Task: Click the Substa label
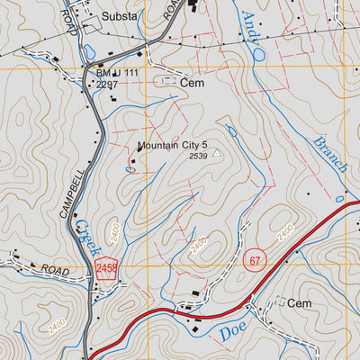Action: (120, 16)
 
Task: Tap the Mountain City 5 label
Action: (173, 145)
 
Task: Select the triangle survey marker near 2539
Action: (216, 153)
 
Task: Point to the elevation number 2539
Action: (198, 157)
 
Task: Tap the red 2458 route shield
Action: (105, 267)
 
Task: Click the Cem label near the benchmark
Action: (192, 82)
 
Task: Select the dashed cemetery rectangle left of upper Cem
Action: (166, 81)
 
